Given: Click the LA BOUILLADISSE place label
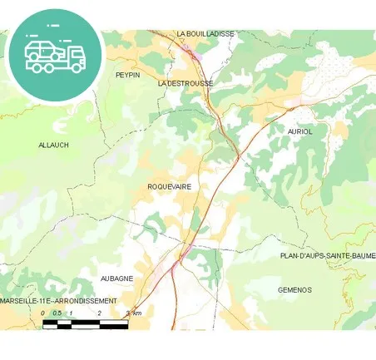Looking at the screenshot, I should pos(205,34).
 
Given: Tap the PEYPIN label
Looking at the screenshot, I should pos(127,75).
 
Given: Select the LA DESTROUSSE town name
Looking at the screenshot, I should pos(185,84).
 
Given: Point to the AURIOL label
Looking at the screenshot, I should pos(300,131).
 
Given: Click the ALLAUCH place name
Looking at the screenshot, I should pos(53,145).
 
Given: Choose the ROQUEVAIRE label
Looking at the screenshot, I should pos(169,187).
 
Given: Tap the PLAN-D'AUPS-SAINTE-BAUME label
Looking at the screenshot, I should pos(328,256).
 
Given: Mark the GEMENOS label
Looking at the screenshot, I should pos(294,290).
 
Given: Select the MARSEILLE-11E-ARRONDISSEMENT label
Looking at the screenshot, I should pos(58,300).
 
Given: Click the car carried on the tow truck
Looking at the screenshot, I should pos(42,51).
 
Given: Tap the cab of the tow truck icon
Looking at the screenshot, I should pos(74,57).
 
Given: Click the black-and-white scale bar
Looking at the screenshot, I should pos(85,323).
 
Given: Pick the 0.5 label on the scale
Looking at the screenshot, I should pos(57,313).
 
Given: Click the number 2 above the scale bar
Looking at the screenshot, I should pos(99,313).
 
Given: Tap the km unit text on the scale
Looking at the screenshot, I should pos(136,313).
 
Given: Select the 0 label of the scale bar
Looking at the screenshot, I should pos(43,313).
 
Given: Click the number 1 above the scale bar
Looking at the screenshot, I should pos(72,313).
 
